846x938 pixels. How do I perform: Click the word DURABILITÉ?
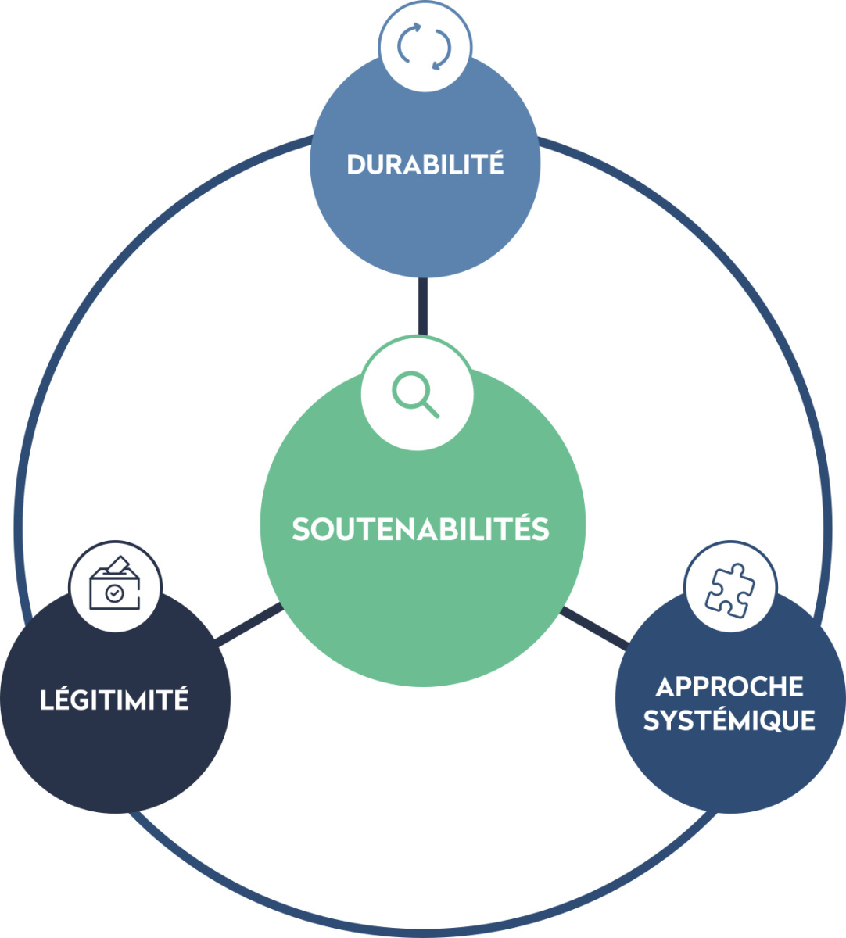(425, 165)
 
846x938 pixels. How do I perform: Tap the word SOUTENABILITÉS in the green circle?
(421, 529)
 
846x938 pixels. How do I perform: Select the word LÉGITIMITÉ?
(114, 700)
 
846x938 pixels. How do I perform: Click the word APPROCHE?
(729, 686)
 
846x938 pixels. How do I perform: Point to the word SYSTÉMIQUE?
(729, 720)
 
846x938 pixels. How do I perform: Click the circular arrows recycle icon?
(425, 47)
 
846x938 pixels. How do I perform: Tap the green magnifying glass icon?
(415, 395)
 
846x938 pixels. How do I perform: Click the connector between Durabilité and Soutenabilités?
(423, 306)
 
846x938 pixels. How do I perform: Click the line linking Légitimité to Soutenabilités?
(249, 625)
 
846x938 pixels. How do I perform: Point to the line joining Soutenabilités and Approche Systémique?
(594, 626)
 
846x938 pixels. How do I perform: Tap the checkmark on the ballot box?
(114, 593)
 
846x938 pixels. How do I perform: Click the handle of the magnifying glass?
(431, 409)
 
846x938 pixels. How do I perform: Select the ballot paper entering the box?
(118, 564)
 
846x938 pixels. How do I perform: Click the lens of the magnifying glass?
(409, 388)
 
